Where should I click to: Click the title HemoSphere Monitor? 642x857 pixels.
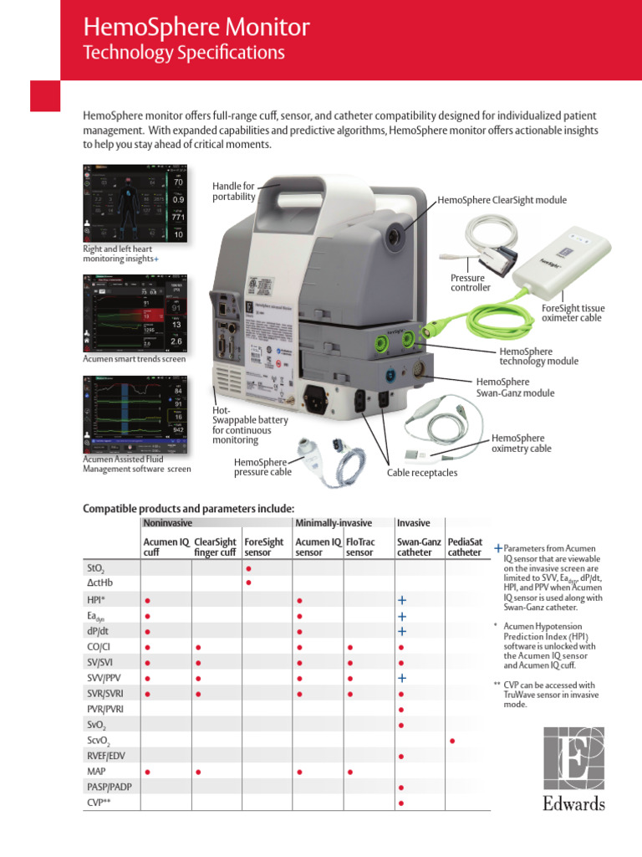click(196, 28)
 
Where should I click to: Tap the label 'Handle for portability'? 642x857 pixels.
click(233, 190)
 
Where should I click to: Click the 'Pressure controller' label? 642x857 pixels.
click(471, 283)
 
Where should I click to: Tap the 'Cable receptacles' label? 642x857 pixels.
click(422, 473)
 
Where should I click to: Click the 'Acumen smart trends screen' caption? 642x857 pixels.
click(134, 359)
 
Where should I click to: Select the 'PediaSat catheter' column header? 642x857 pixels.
click(464, 547)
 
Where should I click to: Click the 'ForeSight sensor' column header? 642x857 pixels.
click(263, 547)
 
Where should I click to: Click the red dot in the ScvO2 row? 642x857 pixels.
click(452, 741)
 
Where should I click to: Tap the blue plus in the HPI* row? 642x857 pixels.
click(402, 600)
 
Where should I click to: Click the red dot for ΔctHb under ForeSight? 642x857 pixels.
click(248, 583)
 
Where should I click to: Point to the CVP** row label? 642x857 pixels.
click(100, 803)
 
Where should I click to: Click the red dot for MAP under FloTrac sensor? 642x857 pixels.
click(350, 772)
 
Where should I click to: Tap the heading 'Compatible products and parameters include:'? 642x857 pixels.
click(188, 508)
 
